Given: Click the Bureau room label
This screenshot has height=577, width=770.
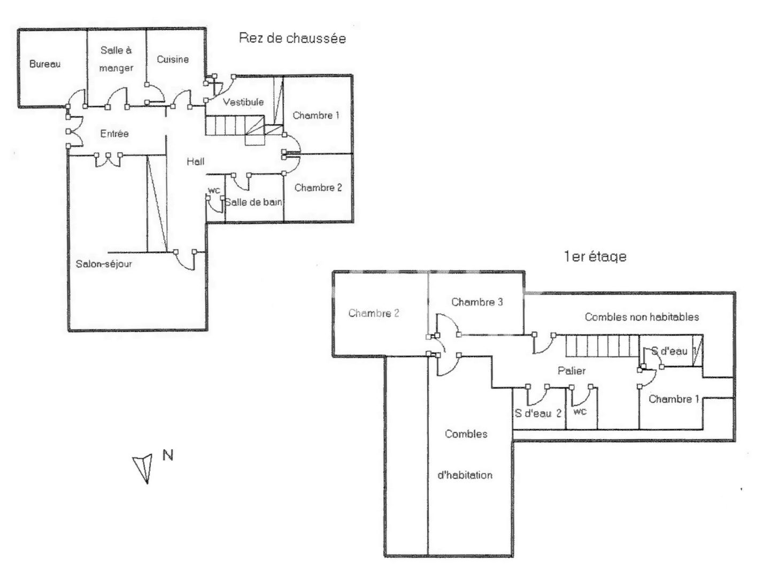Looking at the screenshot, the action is click(x=45, y=64).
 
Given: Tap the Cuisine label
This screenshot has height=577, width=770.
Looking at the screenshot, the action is click(x=173, y=59).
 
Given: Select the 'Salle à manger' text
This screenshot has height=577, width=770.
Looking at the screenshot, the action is click(x=116, y=59).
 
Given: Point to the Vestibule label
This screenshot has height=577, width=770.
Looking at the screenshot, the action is click(x=243, y=102).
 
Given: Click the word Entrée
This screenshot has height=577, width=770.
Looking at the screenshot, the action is click(x=114, y=133).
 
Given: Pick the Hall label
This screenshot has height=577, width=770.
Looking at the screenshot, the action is click(x=195, y=161).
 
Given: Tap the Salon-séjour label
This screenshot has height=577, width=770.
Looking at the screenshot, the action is click(x=104, y=264).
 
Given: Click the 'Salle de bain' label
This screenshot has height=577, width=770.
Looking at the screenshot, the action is click(x=253, y=202).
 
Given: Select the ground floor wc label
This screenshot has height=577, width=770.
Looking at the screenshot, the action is click(x=214, y=190).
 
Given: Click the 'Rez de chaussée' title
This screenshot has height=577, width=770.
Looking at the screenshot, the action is click(x=292, y=38).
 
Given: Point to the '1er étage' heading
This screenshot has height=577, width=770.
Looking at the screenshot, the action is click(x=595, y=257).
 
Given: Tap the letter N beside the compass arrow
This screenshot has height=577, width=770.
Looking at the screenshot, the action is click(x=168, y=455).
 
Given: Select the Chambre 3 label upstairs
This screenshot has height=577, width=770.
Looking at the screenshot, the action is click(x=477, y=302).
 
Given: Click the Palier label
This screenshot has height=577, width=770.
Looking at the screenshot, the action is click(x=572, y=371).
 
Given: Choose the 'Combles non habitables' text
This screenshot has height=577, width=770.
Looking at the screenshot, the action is click(x=642, y=317).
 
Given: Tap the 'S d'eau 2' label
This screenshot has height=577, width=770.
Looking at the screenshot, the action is click(x=538, y=414).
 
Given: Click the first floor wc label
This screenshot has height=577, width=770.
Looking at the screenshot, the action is click(x=580, y=411).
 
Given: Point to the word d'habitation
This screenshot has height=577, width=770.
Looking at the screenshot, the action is click(x=465, y=475).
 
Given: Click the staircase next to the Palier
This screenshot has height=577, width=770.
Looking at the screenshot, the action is click(x=602, y=346).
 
